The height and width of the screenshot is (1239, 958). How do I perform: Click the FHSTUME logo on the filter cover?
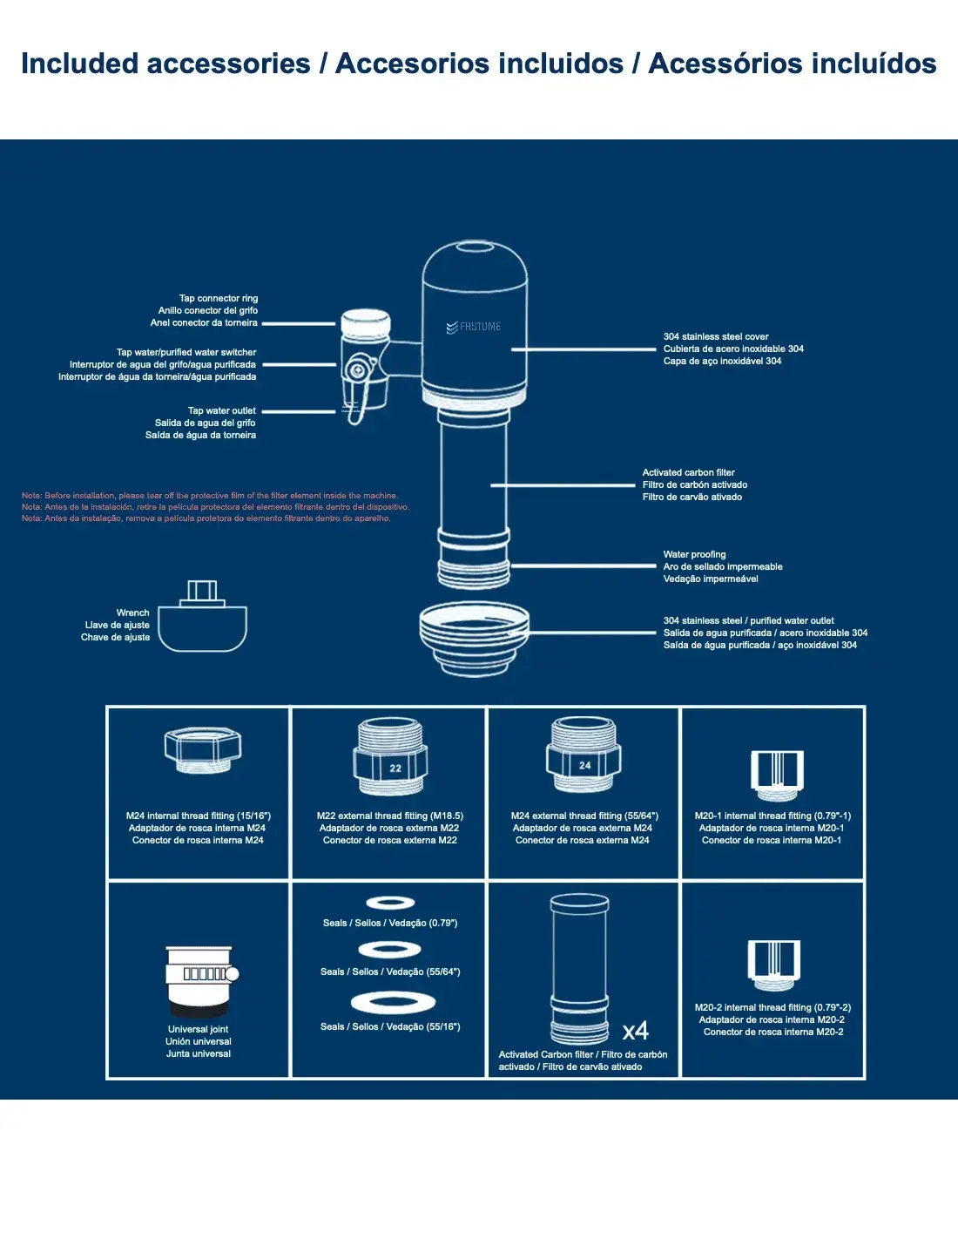point(475,327)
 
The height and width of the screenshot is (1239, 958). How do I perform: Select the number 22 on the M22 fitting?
point(395,768)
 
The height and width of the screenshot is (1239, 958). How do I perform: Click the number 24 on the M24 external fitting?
point(585,765)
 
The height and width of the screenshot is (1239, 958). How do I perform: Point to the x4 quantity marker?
point(636,1032)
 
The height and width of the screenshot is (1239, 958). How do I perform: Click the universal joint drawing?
point(200,980)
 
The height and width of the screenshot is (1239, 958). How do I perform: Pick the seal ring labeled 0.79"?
point(390,903)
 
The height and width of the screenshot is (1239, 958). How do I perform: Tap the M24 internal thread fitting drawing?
point(203,748)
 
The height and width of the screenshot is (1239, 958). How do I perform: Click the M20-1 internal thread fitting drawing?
point(777,774)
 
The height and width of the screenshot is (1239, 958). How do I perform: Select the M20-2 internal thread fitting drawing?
point(773,964)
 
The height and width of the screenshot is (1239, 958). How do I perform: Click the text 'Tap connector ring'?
point(219,298)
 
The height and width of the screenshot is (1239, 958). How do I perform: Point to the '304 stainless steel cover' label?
point(716,336)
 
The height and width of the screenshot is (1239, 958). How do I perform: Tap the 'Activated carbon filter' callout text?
point(689,472)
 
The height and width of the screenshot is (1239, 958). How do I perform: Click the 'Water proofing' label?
point(694,554)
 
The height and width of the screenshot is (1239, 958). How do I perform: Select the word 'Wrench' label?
point(132,613)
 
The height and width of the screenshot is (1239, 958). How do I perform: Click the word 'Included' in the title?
point(79,64)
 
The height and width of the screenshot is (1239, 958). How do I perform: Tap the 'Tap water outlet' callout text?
point(222,410)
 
